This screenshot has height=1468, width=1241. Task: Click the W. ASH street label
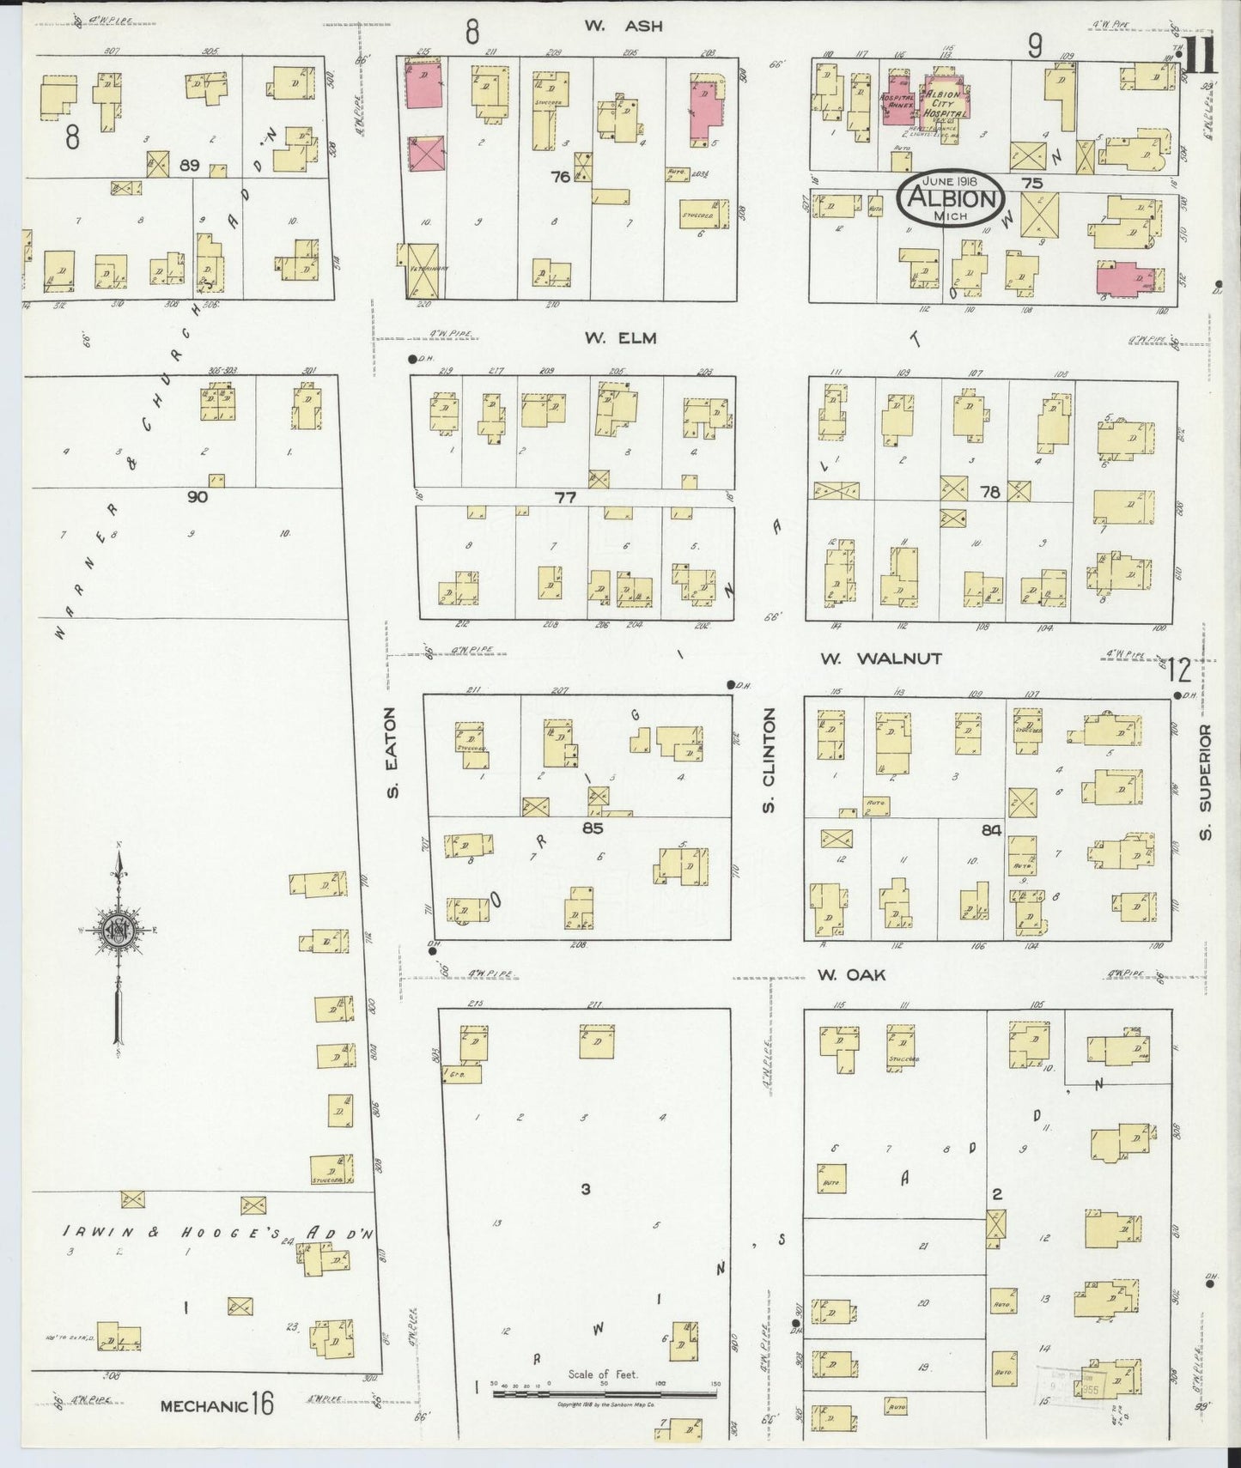point(624,26)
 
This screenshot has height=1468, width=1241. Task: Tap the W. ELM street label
point(620,338)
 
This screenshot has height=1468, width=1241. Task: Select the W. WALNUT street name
point(880,658)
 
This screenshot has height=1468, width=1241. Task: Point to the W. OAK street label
point(851,974)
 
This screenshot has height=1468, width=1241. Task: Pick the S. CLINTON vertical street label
point(769,761)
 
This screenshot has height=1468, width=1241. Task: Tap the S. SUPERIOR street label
point(1205,783)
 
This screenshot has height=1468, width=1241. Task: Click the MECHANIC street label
point(204,1405)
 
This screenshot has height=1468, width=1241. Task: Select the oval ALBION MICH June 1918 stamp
point(951,198)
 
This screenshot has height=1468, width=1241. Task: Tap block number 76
point(561,177)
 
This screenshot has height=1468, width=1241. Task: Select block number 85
point(592,828)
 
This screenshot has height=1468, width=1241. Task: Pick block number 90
point(197,496)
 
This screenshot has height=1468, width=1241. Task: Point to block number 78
point(989,492)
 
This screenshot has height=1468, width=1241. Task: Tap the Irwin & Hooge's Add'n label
point(220,1232)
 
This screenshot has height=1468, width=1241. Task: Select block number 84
point(991,830)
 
